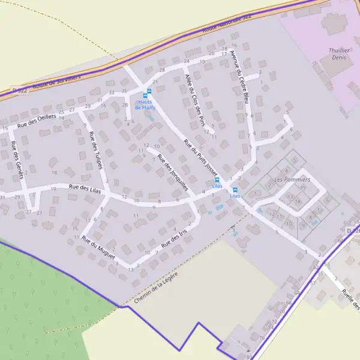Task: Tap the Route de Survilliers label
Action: [56, 81]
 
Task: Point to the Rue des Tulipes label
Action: [96, 149]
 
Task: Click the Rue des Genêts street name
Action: [16, 155]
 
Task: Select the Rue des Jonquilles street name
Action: [173, 172]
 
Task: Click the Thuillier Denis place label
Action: [340, 54]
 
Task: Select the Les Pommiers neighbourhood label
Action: [292, 179]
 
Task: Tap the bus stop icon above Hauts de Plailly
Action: [148, 92]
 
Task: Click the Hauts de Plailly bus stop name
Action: [145, 104]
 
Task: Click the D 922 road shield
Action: [19, 90]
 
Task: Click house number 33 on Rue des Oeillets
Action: [112, 92]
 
